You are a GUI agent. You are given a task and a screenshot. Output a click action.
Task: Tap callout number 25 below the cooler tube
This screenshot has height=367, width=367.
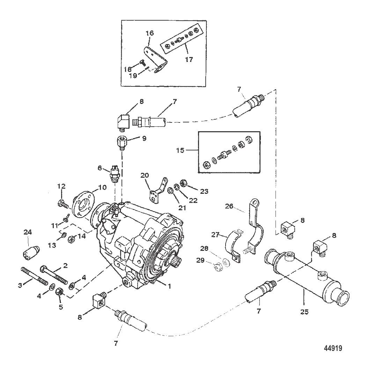(304, 311)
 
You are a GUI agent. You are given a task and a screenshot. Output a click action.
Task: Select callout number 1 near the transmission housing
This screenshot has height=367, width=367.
(169, 286)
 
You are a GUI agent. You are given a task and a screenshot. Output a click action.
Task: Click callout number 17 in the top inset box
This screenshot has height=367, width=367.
(189, 59)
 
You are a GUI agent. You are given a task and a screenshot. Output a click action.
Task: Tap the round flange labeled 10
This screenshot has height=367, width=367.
(82, 205)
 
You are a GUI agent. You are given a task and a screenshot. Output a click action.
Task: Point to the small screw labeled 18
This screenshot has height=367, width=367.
(142, 62)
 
